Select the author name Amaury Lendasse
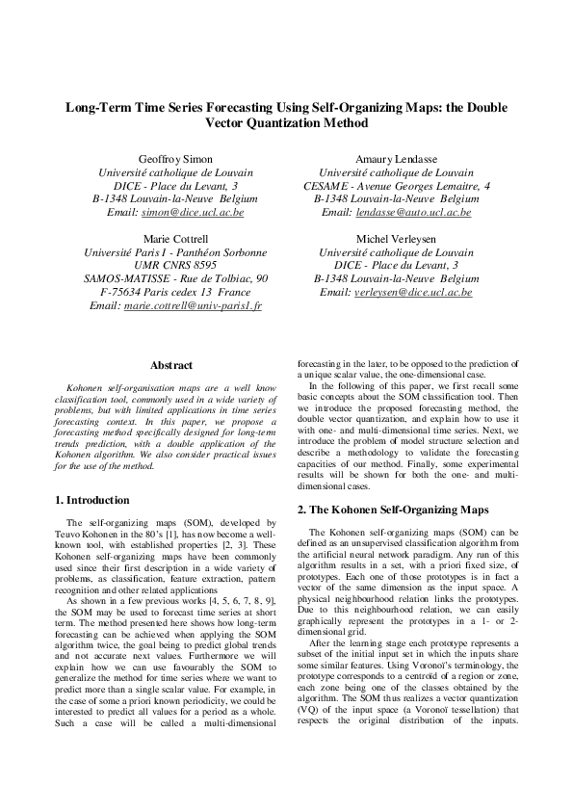click(396, 157)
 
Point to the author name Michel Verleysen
click(396, 238)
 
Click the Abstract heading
click(171, 365)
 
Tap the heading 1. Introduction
click(92, 500)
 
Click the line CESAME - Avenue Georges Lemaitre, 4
click(396, 184)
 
